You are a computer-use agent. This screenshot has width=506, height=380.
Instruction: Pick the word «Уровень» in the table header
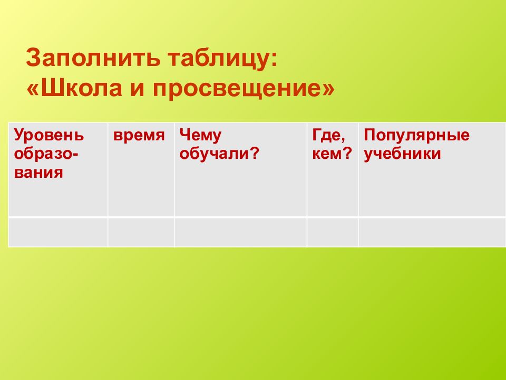tap(48, 136)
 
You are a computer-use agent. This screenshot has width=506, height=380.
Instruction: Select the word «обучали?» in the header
tap(220, 154)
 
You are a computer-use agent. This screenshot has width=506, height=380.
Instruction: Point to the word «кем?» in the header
tap(332, 154)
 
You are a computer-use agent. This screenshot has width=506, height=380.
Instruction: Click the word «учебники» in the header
tap(402, 154)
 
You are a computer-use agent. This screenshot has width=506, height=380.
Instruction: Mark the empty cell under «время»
tap(141, 232)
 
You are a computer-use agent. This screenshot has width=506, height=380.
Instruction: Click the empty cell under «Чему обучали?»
tap(240, 232)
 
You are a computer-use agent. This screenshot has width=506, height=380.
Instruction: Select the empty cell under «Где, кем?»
tap(333, 232)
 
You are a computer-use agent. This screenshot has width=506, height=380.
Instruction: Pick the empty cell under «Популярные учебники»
tap(432, 232)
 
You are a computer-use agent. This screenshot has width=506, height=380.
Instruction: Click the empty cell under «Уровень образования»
tap(58, 232)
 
